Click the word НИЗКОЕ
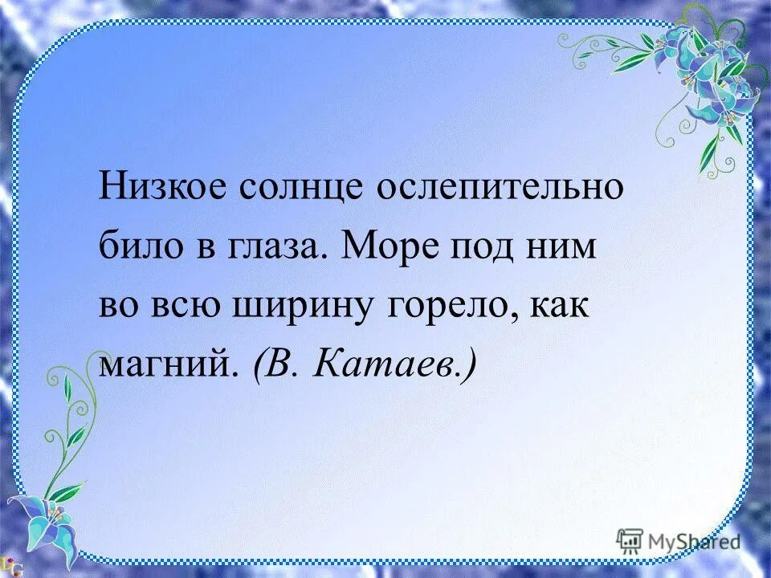(x=160, y=190)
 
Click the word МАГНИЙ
(x=169, y=364)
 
